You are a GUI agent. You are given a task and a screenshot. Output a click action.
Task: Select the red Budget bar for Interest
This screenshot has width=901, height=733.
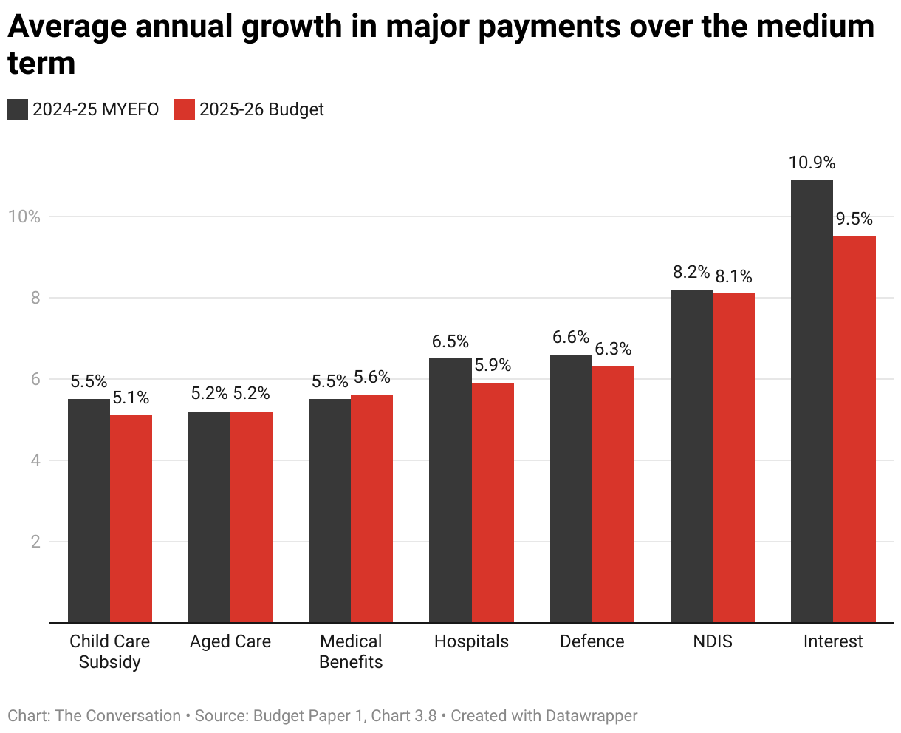pyautogui.click(x=854, y=429)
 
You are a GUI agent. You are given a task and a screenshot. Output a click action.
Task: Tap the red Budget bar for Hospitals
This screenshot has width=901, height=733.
pyautogui.click(x=493, y=502)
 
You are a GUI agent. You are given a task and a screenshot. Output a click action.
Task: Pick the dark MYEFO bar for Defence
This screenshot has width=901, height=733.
pyautogui.click(x=571, y=488)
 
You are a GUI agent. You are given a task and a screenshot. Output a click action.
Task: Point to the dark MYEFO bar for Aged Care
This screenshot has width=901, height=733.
pyautogui.click(x=209, y=516)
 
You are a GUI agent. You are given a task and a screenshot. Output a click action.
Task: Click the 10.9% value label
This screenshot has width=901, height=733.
pyautogui.click(x=812, y=163)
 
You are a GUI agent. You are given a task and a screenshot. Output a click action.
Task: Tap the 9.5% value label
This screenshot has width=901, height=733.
pyautogui.click(x=854, y=219)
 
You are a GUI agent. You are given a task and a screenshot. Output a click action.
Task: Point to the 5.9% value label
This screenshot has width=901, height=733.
pyautogui.click(x=493, y=366)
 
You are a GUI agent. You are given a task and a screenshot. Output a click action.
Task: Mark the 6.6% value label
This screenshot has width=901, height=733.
pyautogui.click(x=571, y=338)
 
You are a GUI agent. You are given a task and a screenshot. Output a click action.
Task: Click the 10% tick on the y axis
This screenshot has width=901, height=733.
pyautogui.click(x=24, y=217)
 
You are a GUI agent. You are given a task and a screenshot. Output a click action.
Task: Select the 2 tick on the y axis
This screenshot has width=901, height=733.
pyautogui.click(x=33, y=542)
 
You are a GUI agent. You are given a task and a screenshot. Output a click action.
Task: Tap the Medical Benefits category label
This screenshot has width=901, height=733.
pyautogui.click(x=351, y=651)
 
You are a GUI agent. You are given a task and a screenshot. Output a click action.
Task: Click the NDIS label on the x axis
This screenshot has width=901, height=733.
pyautogui.click(x=713, y=641)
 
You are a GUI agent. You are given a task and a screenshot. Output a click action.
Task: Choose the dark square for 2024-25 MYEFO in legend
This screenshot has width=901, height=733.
pyautogui.click(x=17, y=109)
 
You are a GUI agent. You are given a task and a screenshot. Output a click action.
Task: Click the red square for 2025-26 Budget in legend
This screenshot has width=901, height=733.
pyautogui.click(x=184, y=109)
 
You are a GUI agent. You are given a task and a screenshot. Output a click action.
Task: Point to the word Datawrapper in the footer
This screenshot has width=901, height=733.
pyautogui.click(x=591, y=716)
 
